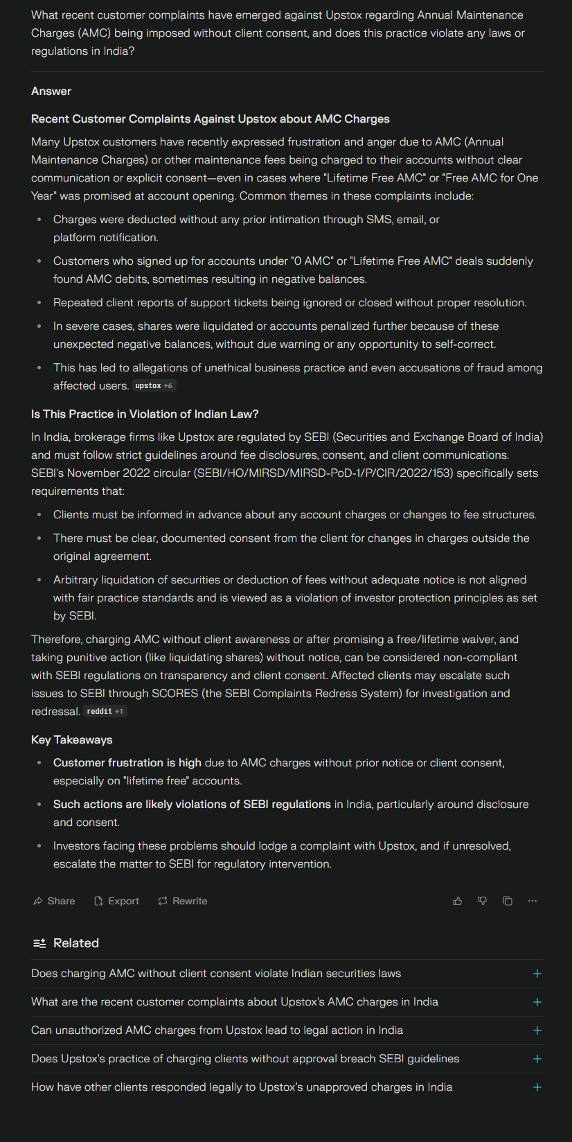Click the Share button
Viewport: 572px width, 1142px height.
point(54,901)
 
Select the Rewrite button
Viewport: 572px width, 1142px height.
point(183,901)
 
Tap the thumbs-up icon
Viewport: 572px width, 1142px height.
point(458,901)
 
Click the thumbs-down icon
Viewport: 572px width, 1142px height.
point(483,901)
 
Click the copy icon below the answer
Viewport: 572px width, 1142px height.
point(508,901)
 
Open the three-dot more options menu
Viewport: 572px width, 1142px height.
point(533,901)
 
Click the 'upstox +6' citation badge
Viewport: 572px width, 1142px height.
point(154,386)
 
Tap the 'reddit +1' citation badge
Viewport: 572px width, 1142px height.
point(105,712)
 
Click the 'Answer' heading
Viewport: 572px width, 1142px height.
point(51,91)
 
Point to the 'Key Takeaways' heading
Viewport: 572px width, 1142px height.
point(72,740)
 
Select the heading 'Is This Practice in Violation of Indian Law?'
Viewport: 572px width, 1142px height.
point(145,414)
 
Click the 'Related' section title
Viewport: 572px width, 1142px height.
point(76,943)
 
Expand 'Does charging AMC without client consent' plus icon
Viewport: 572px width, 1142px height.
point(537,974)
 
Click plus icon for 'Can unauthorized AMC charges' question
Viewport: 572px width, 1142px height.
point(537,1030)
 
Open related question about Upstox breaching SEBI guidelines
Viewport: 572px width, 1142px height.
point(245,1059)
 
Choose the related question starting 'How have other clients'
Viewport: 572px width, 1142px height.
point(242,1087)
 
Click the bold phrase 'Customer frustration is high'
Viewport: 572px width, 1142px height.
point(127,763)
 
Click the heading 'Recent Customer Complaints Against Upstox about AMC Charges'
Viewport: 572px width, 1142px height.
point(211,119)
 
